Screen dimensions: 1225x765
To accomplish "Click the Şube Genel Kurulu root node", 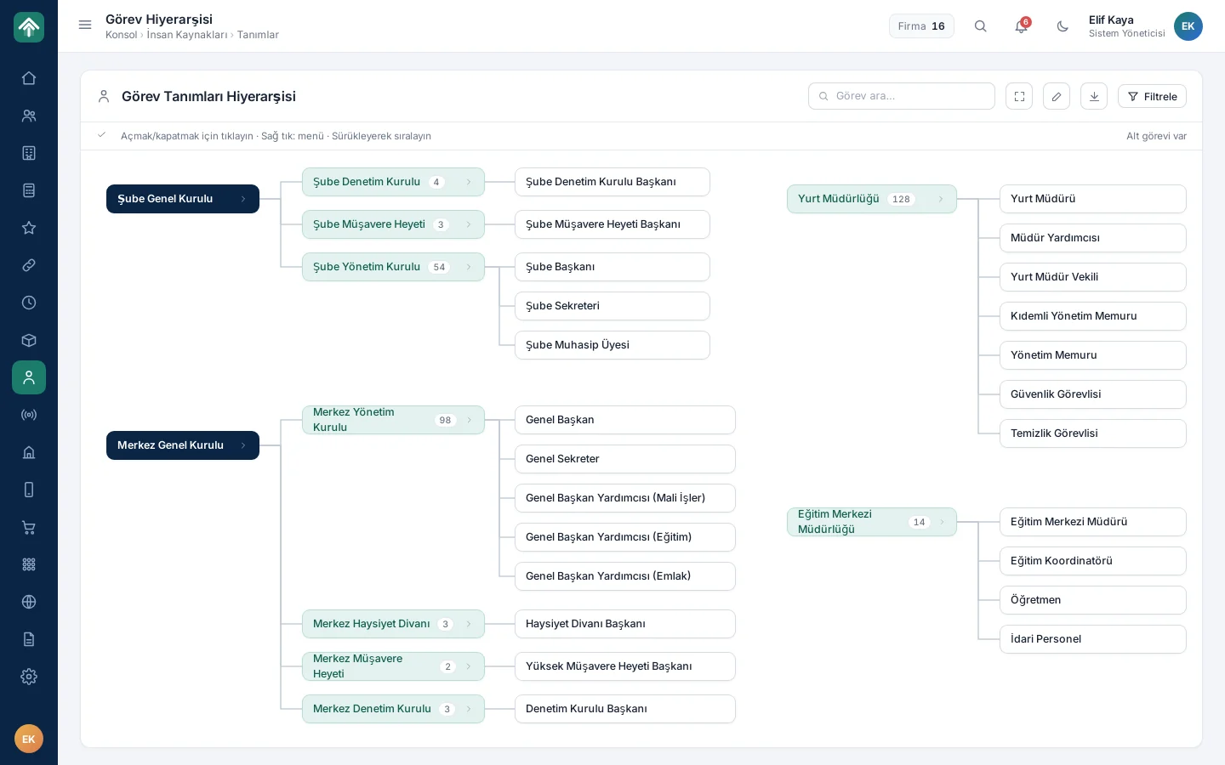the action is click(183, 199).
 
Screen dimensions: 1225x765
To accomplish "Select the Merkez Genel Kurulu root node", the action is click(183, 445).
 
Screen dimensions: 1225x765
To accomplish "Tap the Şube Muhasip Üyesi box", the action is click(612, 345).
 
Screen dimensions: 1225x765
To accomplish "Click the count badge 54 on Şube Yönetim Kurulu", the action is click(439, 267).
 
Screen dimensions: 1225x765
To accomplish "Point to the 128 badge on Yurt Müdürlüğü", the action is click(901, 200).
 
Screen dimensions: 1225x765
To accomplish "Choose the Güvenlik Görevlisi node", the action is click(1092, 394).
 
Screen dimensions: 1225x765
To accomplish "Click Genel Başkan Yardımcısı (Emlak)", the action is click(624, 576).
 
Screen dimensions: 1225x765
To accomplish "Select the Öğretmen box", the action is click(1092, 599).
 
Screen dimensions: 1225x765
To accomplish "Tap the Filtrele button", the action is click(1152, 96).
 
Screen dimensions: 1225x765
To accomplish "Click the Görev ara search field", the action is click(901, 96).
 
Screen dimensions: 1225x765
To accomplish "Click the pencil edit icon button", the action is click(1056, 96).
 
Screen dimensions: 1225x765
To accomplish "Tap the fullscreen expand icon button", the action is click(1019, 96).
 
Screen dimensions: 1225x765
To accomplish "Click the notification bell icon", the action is click(1021, 26).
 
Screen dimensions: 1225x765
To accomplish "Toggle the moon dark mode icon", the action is click(1062, 26).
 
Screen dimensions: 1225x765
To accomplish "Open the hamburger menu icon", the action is click(85, 25).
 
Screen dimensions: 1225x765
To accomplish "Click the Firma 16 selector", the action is click(921, 26).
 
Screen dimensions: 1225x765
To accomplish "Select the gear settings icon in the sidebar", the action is click(29, 677).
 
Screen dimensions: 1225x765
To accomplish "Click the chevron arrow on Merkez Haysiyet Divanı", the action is click(469, 624).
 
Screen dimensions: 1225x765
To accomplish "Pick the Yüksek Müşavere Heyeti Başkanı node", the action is click(624, 666).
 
